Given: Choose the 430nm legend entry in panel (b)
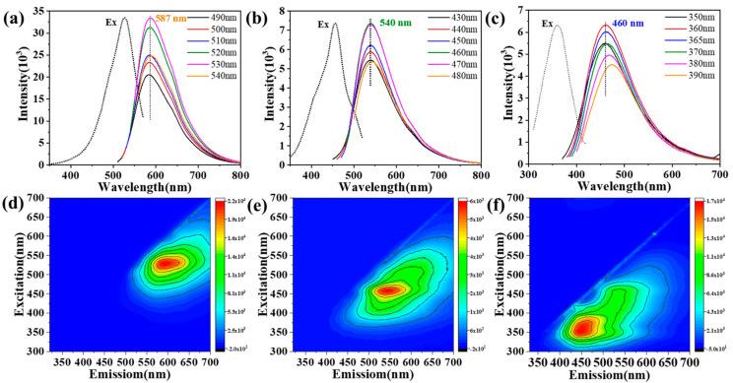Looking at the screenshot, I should coord(461,19).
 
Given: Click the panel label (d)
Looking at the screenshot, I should coord(13,205).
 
